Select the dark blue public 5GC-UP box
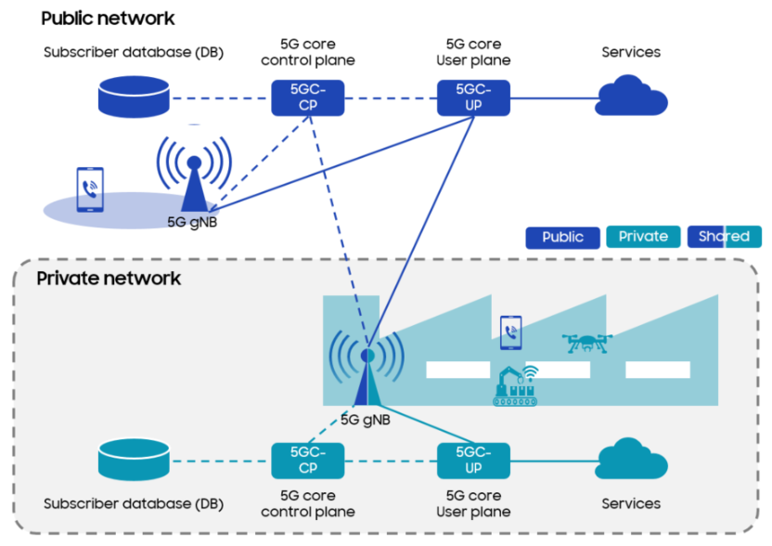coord(474,97)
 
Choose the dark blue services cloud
coord(632,96)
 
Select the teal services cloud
coord(632,459)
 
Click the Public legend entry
coord(562,237)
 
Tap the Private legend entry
coord(643,237)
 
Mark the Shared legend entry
coord(724,237)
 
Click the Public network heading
coord(108,18)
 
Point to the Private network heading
coord(109,278)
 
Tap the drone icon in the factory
coord(586,343)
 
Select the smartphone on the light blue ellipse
coord(90,189)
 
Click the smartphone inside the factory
coord(510,332)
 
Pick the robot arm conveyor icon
coord(516,386)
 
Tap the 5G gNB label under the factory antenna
coord(366,419)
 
